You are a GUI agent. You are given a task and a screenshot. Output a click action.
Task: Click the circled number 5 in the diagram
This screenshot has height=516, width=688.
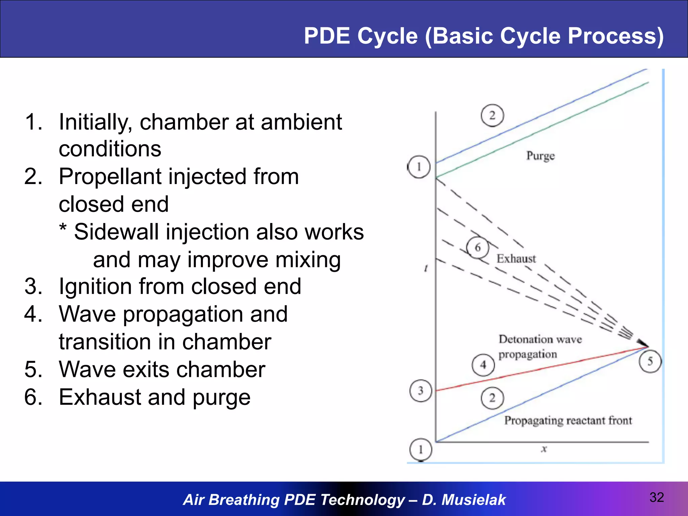(x=650, y=361)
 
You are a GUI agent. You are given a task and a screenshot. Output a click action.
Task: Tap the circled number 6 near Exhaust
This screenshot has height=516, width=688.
(x=478, y=248)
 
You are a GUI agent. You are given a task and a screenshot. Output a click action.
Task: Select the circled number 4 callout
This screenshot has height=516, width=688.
(x=483, y=365)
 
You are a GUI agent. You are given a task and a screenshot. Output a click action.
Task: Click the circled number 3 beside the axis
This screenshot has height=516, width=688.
(x=421, y=391)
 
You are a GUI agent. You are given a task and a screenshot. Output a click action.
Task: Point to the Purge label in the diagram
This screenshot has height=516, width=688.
(x=540, y=156)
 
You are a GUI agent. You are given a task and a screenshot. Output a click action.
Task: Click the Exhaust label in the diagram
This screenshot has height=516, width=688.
(x=516, y=259)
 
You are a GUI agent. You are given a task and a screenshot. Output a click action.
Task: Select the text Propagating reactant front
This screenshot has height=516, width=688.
(x=568, y=421)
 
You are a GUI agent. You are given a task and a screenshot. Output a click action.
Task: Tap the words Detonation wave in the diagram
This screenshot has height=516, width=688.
(x=540, y=339)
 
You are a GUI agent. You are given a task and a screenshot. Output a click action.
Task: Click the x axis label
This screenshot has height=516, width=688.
(x=544, y=449)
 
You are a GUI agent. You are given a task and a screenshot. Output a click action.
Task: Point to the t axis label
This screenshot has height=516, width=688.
(x=426, y=268)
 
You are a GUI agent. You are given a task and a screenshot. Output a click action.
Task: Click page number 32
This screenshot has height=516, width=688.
(x=656, y=497)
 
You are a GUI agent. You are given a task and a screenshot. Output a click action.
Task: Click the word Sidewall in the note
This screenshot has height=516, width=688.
(x=116, y=232)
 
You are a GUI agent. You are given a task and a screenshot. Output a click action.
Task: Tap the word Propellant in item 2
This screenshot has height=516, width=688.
(x=110, y=177)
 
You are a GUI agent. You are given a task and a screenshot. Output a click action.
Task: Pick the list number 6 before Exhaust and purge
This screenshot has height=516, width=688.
(x=33, y=397)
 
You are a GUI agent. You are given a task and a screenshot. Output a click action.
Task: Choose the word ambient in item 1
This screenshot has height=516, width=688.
(x=301, y=122)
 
